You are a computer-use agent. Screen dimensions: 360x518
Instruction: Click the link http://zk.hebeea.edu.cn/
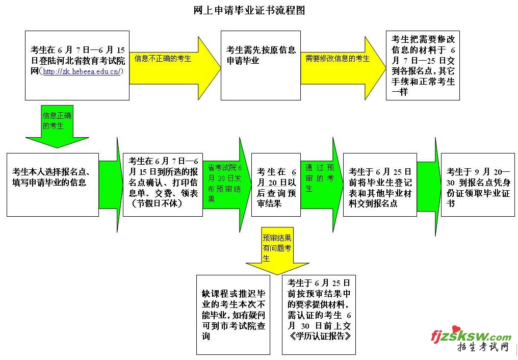(82, 72)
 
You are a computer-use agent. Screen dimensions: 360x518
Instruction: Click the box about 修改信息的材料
(423, 65)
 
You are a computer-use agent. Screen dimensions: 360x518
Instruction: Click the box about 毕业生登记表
(380, 184)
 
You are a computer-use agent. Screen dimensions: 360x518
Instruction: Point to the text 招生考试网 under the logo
(482, 348)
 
